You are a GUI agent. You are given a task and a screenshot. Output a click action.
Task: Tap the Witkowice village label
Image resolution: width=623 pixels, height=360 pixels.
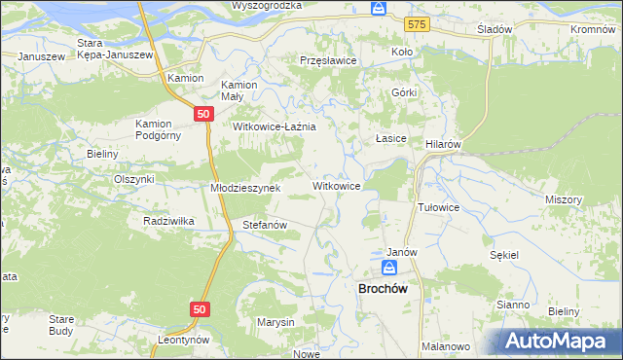pos(338,185)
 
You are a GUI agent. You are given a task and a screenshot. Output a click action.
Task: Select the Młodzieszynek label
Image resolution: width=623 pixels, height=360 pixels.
pos(246,188)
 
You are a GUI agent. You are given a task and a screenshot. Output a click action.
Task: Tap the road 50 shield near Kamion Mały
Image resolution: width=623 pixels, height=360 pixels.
pos(203,114)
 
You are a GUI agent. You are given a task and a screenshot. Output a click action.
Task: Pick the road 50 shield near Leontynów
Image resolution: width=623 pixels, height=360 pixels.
pos(199,308)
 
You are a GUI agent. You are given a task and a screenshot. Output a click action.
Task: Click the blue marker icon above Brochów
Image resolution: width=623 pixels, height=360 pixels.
pos(389,267)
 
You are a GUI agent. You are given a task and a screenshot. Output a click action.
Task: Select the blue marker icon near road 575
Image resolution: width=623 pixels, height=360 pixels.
pos(379,9)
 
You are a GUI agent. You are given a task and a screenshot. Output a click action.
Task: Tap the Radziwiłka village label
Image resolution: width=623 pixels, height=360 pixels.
pos(168,221)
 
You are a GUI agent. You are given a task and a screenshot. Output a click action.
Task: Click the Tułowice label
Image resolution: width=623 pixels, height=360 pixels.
pos(438,207)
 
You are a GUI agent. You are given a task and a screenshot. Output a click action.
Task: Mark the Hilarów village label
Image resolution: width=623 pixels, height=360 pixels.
pos(443,143)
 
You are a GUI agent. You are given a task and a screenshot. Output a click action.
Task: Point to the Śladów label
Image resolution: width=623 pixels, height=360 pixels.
pos(495,29)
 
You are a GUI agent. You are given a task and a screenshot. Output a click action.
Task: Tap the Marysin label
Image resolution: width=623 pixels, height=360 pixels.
pos(275,322)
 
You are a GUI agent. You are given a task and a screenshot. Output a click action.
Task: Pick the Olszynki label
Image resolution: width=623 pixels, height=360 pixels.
pos(134,179)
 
